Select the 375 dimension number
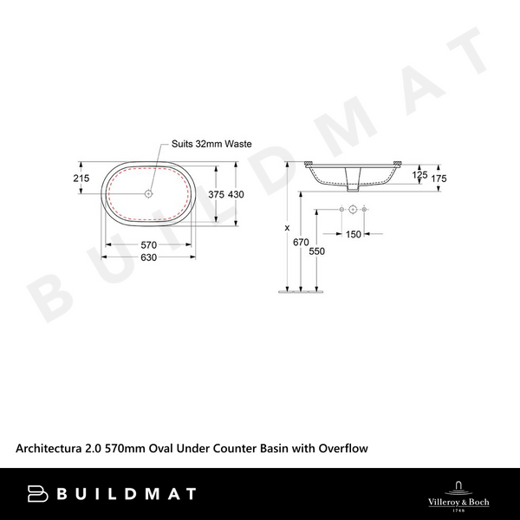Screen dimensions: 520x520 [x=216, y=195]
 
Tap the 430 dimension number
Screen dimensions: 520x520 [x=237, y=195]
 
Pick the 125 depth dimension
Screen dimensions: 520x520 [x=419, y=176]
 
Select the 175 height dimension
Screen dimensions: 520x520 [x=439, y=178]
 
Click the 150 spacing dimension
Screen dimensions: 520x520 [x=354, y=234]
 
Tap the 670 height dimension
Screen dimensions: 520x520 [x=301, y=243]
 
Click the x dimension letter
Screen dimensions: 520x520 [x=286, y=228]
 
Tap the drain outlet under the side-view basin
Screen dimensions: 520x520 [x=353, y=181]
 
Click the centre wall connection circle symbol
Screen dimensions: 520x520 [x=354, y=210]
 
